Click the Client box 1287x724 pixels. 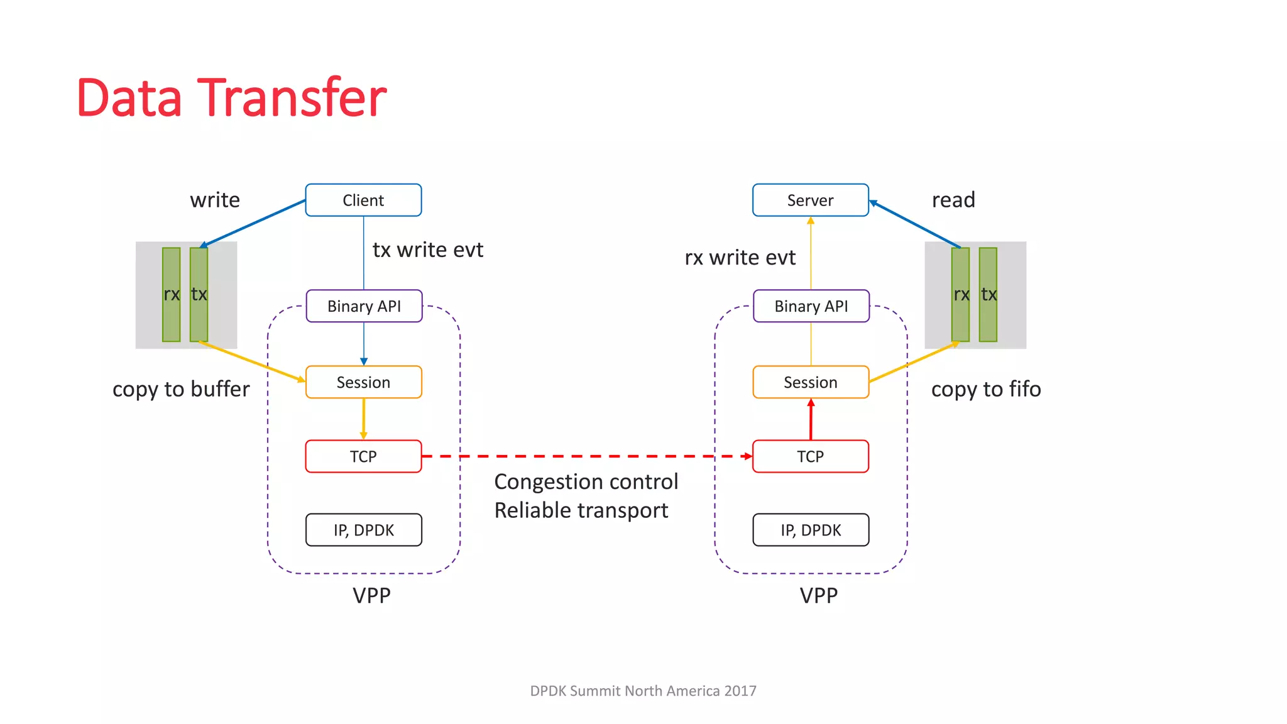363,200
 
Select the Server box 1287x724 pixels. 810,200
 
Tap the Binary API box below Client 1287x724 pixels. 364,306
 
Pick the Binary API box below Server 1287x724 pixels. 811,306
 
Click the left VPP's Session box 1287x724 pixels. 363,382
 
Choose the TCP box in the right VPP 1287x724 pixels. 810,456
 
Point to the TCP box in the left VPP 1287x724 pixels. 363,456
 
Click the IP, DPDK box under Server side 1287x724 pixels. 811,530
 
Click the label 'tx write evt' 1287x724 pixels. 427,250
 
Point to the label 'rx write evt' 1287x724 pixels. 740,257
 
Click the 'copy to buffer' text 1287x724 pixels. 181,389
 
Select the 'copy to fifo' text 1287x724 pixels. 985,389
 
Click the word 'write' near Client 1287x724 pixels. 215,200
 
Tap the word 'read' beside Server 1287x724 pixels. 953,200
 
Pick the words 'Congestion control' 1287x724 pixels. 586,481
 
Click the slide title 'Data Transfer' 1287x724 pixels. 231,97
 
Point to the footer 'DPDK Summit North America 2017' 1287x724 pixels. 643,691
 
